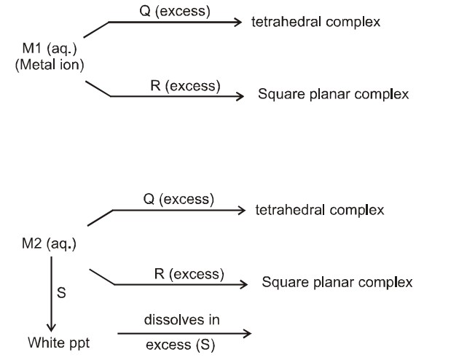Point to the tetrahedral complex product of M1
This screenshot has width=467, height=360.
click(316, 23)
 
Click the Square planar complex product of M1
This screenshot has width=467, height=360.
click(333, 95)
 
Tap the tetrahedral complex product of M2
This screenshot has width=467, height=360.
click(319, 211)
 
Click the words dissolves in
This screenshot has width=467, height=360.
click(181, 320)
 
